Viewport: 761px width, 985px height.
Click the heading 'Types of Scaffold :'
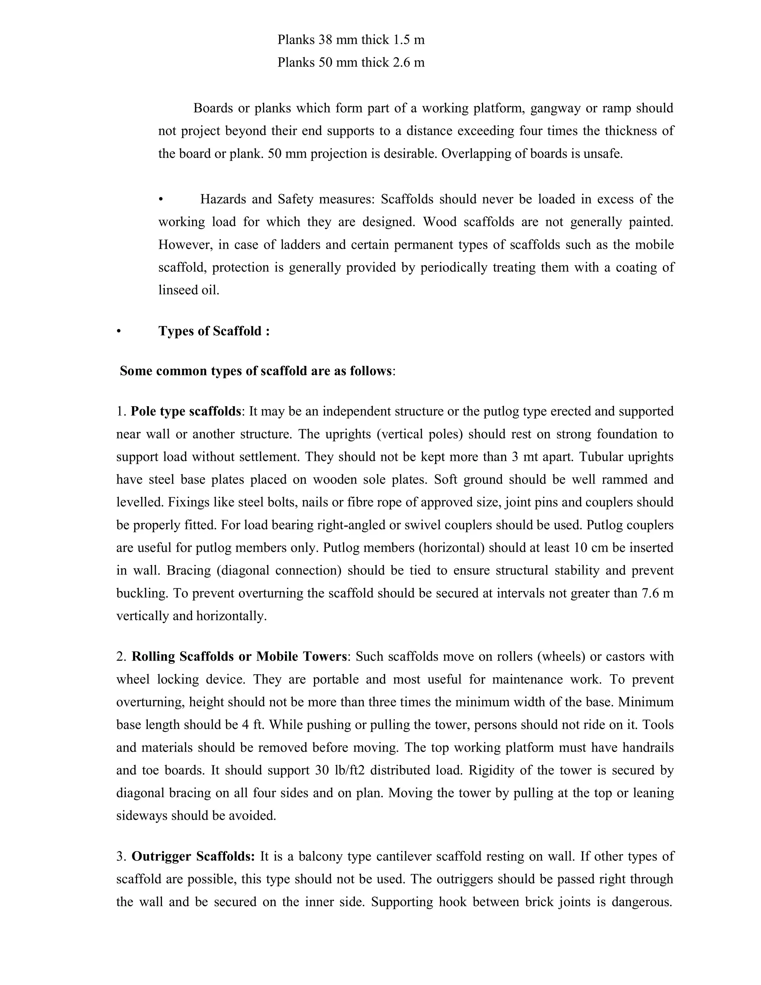[214, 331]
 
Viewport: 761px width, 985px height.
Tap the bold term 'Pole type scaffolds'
[186, 411]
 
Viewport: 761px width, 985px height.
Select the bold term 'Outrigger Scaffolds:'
[193, 856]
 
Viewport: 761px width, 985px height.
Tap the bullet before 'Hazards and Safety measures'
[161, 199]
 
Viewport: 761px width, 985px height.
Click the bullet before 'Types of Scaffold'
[119, 332]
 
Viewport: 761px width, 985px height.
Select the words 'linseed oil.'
[188, 290]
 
